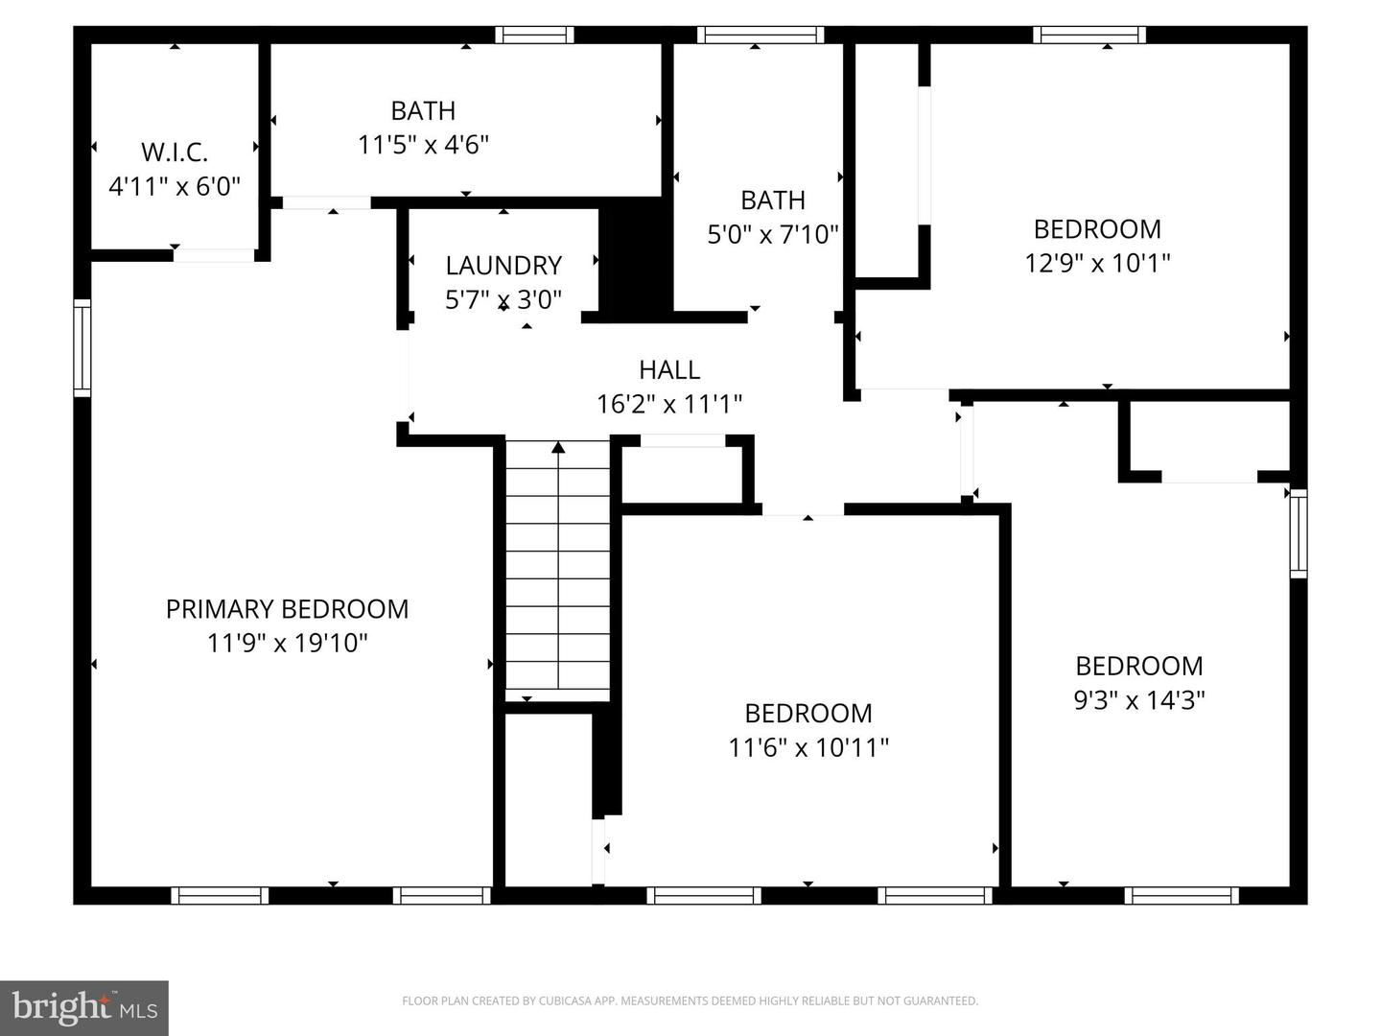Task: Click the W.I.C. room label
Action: [x=174, y=152]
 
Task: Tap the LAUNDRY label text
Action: [x=503, y=265]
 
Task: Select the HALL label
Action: [x=669, y=369]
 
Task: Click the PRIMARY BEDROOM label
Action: [x=287, y=609]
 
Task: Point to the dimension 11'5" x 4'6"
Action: [x=423, y=145]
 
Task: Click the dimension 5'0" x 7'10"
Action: [x=773, y=234]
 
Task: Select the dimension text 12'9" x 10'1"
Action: [x=1097, y=262]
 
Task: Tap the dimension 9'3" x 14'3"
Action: [x=1138, y=700]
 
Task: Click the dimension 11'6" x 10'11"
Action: [x=808, y=747]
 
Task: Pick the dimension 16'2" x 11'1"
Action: [x=669, y=404]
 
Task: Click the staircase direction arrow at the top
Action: [x=558, y=446]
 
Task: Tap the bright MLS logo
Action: [x=84, y=1007]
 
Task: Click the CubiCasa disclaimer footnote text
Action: [x=690, y=1001]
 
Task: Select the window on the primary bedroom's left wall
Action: [x=82, y=347]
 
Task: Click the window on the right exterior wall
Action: [x=1298, y=533]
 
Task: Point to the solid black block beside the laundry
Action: [x=634, y=260]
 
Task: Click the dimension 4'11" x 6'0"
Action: [x=174, y=186]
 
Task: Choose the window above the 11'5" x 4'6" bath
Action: [x=534, y=35]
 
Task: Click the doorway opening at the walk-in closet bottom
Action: [x=213, y=255]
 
